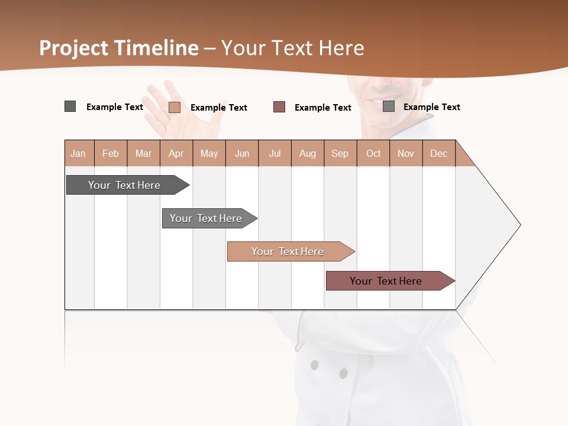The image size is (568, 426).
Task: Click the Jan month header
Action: (x=78, y=153)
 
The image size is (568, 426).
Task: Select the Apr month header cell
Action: (x=176, y=153)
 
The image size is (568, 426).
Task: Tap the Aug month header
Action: (x=307, y=153)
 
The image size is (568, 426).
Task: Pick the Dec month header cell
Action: (x=438, y=153)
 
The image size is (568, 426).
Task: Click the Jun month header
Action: (x=241, y=153)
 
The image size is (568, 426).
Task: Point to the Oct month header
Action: (x=373, y=153)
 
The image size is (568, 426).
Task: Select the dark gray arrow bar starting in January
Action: (x=125, y=185)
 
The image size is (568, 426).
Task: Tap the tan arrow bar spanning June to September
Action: (x=288, y=251)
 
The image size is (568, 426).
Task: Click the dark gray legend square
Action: (x=70, y=106)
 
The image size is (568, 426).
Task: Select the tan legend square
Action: (x=174, y=107)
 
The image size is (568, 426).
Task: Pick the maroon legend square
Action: (x=279, y=107)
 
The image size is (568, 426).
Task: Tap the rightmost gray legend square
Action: (x=388, y=106)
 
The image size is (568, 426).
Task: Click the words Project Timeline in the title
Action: (x=118, y=48)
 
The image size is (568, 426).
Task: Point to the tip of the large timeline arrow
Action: (x=519, y=225)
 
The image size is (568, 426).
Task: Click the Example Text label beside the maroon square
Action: (x=322, y=108)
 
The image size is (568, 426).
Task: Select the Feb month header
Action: (x=110, y=153)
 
